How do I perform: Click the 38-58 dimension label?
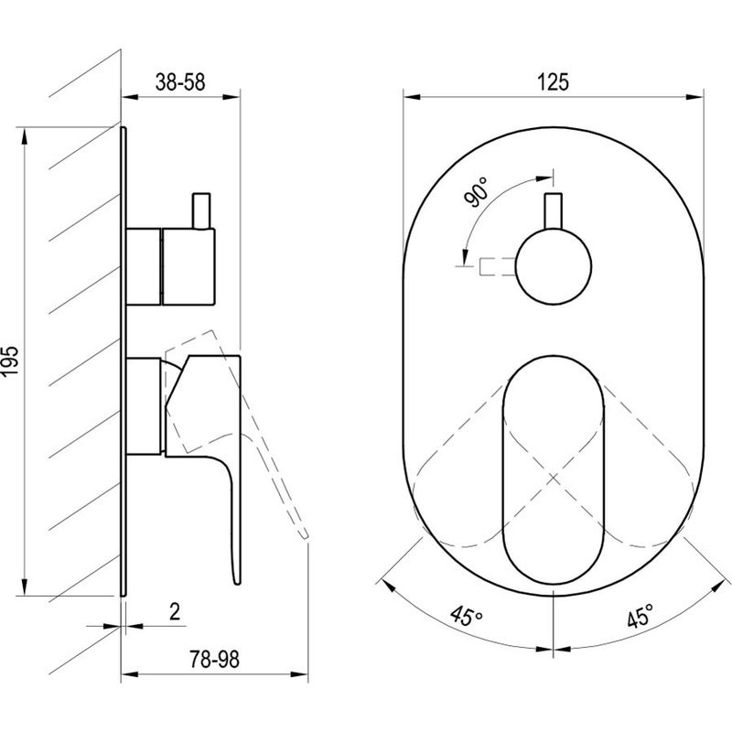[179, 82]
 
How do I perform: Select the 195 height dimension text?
[10, 361]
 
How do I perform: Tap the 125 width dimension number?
[554, 82]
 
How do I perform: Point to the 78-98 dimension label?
[214, 660]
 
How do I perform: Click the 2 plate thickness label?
[175, 611]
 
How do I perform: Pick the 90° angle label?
[476, 191]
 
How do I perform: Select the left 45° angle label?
[467, 616]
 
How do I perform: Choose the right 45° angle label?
[640, 615]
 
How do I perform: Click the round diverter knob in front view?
[554, 266]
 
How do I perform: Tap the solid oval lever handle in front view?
[554, 469]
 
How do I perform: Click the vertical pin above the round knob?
[554, 211]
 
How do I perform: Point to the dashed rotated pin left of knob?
[498, 266]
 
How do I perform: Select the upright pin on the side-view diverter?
[201, 210]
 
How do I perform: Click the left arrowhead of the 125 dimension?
[412, 97]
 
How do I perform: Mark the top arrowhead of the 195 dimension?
[25, 136]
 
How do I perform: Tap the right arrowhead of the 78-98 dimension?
[299, 674]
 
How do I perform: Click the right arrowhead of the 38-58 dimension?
[231, 97]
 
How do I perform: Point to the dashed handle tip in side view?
[305, 535]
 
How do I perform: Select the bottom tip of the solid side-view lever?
[238, 583]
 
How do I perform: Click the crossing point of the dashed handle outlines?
[554, 478]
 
